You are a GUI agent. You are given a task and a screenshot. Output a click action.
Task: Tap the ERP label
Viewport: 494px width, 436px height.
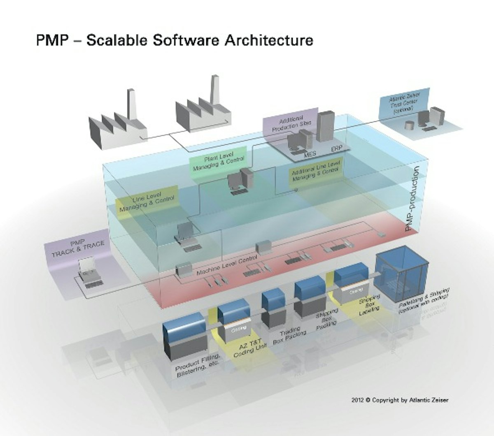click(336, 149)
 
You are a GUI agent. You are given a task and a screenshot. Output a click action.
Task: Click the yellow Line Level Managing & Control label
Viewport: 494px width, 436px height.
click(147, 201)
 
